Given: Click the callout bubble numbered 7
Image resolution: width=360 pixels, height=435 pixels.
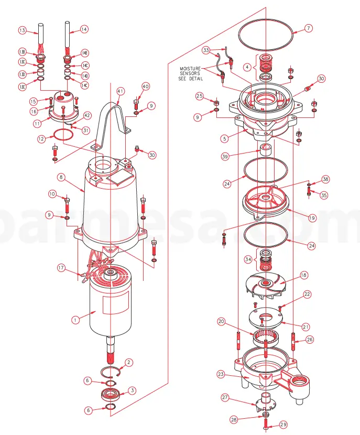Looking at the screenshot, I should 309,28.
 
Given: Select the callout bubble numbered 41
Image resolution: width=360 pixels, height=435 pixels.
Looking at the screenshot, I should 121,91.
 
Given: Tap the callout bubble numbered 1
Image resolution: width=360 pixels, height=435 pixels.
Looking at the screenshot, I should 75,318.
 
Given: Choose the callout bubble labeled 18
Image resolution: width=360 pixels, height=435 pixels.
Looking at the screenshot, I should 303,275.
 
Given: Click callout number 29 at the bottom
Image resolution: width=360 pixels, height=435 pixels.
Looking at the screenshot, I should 283,424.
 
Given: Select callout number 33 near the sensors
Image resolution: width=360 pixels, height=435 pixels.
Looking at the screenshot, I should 206,50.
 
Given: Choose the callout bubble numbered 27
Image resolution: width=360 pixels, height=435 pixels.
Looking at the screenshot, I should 225,398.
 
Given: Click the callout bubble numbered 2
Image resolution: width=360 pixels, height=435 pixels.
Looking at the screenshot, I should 129,362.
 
